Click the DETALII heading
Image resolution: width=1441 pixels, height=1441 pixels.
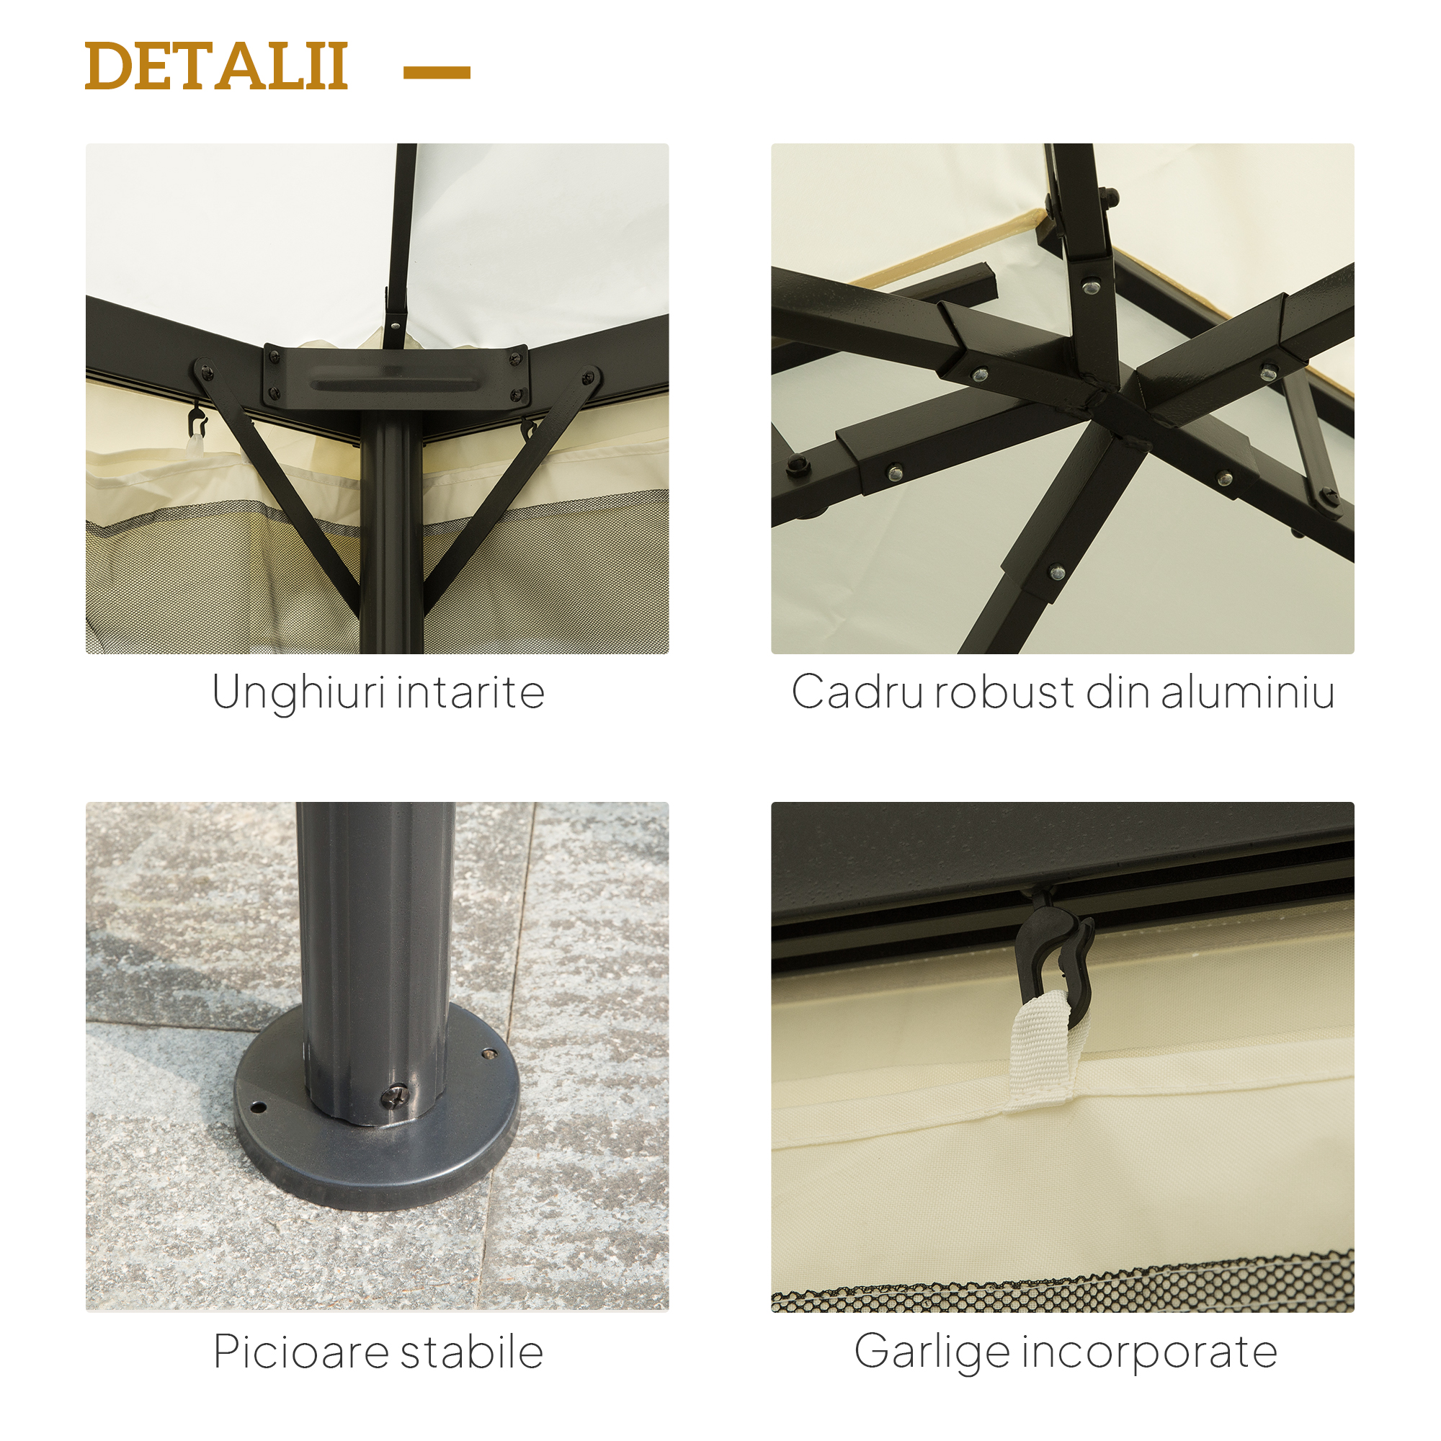tap(216, 66)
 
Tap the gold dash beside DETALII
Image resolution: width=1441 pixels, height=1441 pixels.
tap(437, 71)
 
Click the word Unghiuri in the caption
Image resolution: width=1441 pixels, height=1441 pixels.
tap(298, 694)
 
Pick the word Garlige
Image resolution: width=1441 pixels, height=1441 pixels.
tap(932, 1353)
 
